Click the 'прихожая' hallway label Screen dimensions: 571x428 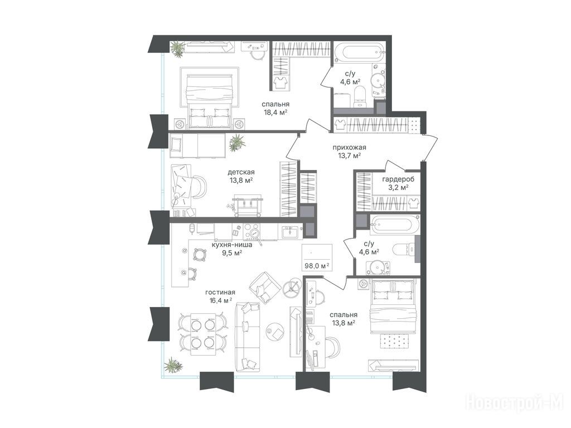[x=349, y=147]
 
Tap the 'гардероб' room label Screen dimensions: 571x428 [x=398, y=179]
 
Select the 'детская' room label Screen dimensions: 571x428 [x=241, y=172]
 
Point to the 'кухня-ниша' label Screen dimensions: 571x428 [x=232, y=245]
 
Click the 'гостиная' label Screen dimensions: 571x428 [x=220, y=292]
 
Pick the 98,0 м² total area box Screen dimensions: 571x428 [x=317, y=257]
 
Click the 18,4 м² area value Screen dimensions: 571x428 [x=275, y=113]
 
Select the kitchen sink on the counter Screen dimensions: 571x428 [x=290, y=231]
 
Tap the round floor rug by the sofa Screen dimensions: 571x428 [x=275, y=331]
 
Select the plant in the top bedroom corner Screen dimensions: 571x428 [x=178, y=49]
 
